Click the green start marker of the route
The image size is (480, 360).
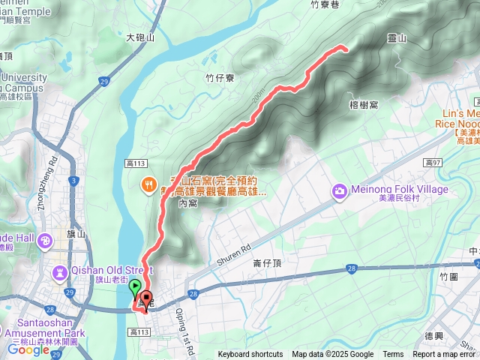[135, 286]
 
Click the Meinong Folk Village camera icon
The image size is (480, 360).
[340, 193]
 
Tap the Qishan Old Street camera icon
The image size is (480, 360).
[60, 271]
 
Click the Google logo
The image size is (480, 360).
[28, 349]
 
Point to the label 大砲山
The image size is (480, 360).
[139, 37]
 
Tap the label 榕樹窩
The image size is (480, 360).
[364, 105]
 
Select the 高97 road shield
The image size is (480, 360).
[431, 162]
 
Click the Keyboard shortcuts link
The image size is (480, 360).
[250, 355]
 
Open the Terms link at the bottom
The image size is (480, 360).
[393, 355]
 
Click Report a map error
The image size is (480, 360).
[444, 355]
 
